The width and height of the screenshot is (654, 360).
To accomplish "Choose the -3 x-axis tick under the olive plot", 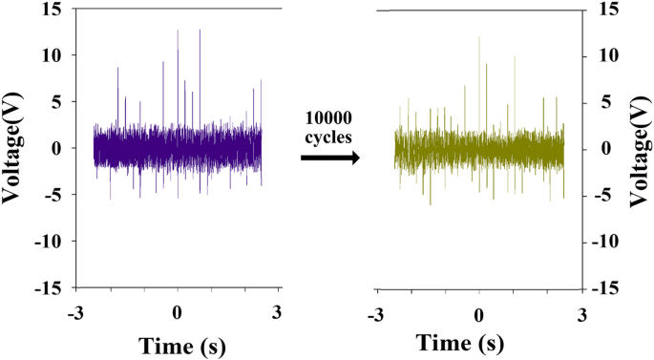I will click(x=376, y=312).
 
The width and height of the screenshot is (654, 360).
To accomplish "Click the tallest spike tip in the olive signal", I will click(x=478, y=37).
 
